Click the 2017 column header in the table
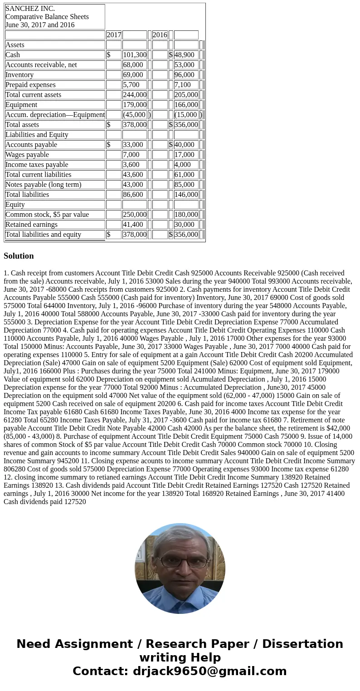pyautogui.click(x=114, y=35)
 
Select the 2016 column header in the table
pyautogui.click(x=160, y=35)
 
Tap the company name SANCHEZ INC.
pyautogui.click(x=30, y=9)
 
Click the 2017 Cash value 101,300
pyautogui.click(x=134, y=55)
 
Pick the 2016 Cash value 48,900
pyautogui.click(x=185, y=55)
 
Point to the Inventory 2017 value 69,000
pyautogui.click(x=133, y=75)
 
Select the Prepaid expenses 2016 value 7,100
pyautogui.click(x=183, y=85)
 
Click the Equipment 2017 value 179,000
pyautogui.click(x=134, y=105)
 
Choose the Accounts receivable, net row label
pyautogui.click(x=41, y=65)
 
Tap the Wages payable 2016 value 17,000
pyautogui.click(x=185, y=155)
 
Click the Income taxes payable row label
pyautogui.click(x=37, y=165)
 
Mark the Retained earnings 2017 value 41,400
pyautogui.click(x=133, y=225)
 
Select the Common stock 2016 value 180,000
pyautogui.click(x=186, y=215)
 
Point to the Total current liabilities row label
pyautogui.click(x=39, y=175)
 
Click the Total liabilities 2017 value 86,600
pyautogui.click(x=133, y=195)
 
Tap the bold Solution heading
pyautogui.click(x=19, y=256)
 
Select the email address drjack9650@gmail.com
pyautogui.click(x=209, y=671)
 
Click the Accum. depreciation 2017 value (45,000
pyautogui.click(x=134, y=115)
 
